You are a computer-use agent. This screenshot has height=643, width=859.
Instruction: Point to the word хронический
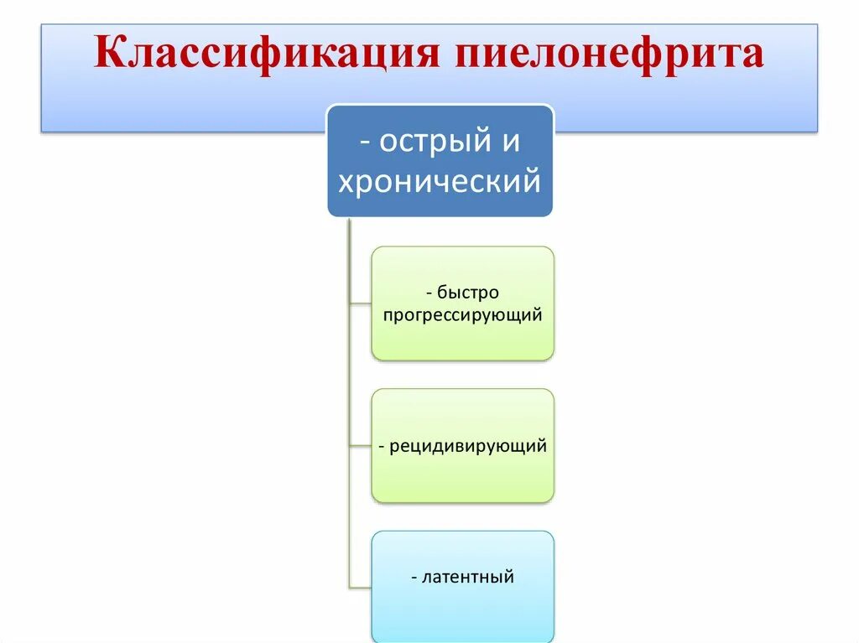tap(440, 181)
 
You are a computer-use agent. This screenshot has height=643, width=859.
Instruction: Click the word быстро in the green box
tap(468, 293)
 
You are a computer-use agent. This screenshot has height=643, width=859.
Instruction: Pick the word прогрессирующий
tap(462, 315)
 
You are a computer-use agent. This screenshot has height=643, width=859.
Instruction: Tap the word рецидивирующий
tap(467, 446)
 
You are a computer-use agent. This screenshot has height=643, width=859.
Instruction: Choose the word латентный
tap(467, 577)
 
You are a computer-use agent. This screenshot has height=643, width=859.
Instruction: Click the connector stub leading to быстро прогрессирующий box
tap(360, 303)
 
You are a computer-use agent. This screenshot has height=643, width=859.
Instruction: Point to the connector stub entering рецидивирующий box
tap(360, 446)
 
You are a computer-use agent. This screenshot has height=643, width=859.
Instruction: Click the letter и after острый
tap(511, 141)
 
